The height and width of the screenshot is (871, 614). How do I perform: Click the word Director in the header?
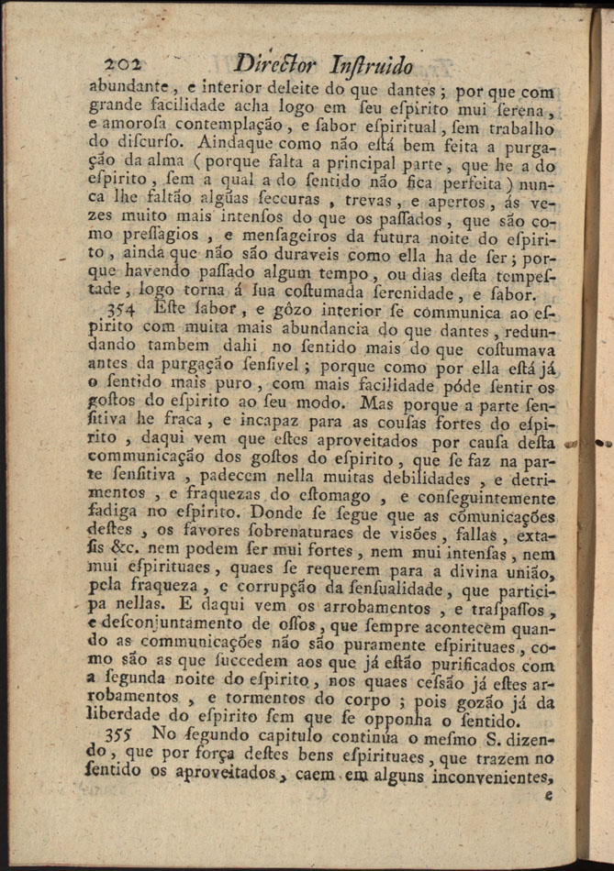point(274,65)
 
